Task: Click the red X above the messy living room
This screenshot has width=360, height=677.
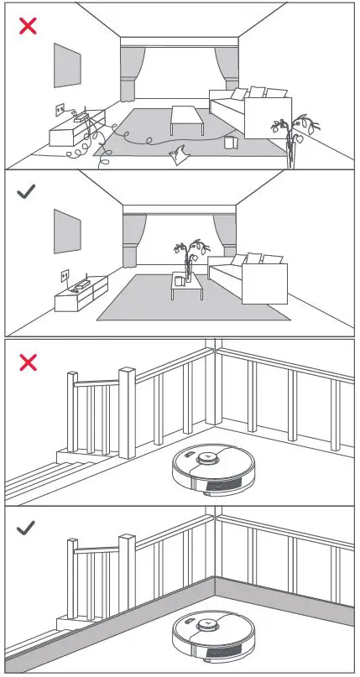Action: point(28,26)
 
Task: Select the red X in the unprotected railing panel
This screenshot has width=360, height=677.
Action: point(28,362)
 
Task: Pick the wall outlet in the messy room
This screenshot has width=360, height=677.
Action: point(60,109)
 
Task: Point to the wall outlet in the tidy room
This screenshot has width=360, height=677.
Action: point(65,274)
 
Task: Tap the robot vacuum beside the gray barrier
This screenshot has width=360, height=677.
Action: point(211,633)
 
